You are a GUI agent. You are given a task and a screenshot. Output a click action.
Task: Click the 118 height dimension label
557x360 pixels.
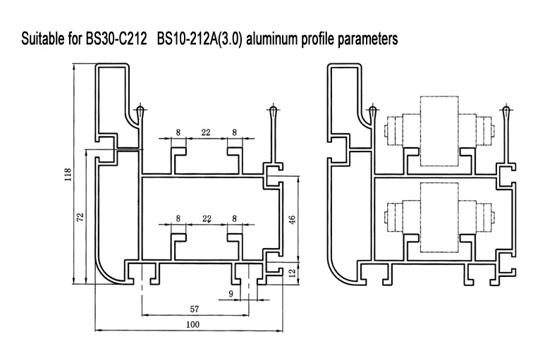point(68,175)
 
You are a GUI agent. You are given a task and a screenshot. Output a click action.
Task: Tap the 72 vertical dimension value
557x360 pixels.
point(80,217)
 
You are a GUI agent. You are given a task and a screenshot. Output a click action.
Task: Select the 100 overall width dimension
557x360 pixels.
point(192,324)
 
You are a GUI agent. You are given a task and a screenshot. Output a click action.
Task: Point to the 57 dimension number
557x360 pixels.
point(195,309)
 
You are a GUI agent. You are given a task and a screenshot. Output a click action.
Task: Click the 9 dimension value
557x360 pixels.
point(231,294)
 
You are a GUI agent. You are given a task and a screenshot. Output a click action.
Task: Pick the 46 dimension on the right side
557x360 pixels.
point(292,220)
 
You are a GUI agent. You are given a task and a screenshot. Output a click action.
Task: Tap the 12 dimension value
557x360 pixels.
point(292,273)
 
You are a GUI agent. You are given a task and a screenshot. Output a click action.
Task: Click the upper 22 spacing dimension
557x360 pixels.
point(206,132)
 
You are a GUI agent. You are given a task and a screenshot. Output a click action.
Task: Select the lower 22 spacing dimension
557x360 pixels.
point(207,218)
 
